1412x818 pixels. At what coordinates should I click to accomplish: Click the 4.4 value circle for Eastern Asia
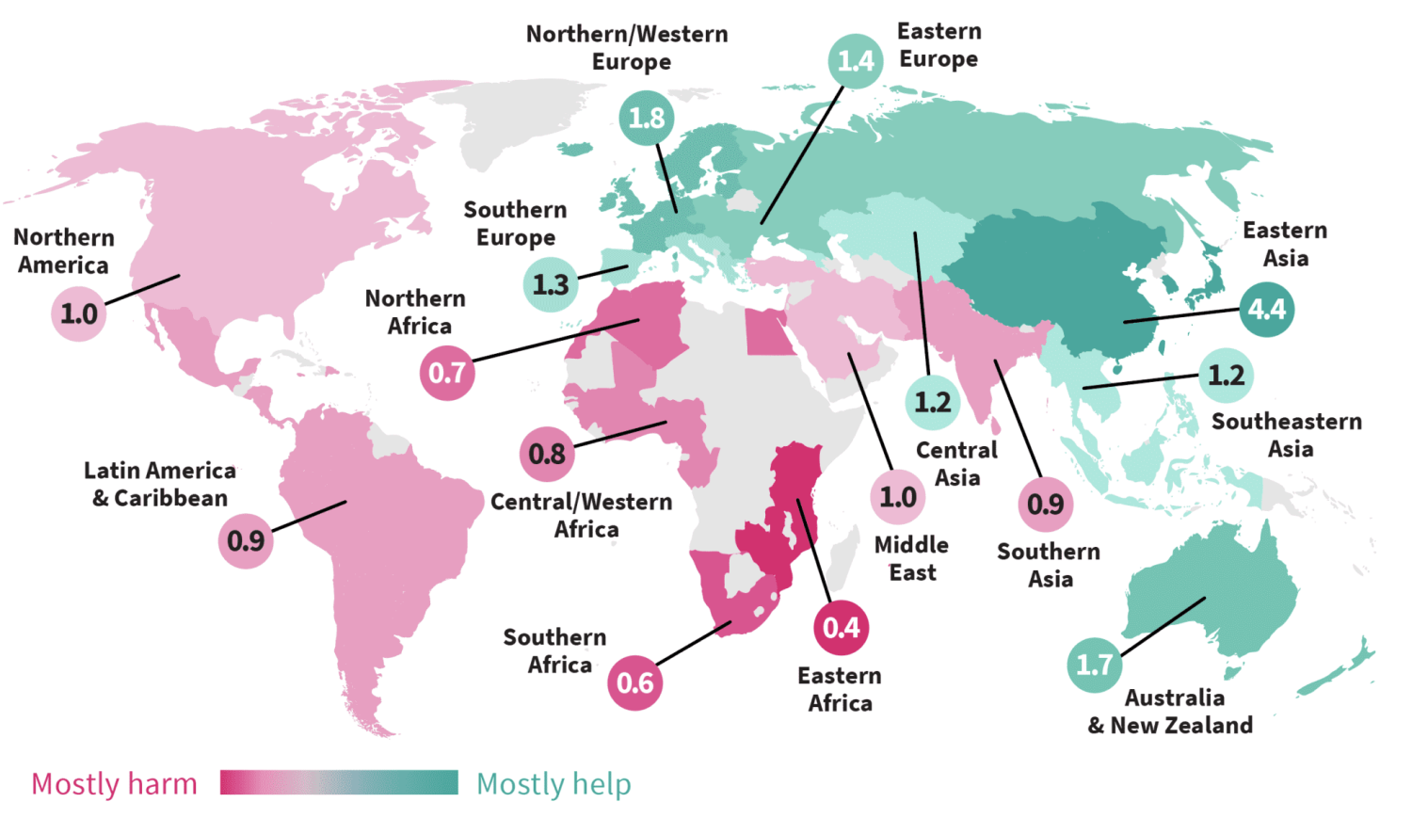click(1266, 309)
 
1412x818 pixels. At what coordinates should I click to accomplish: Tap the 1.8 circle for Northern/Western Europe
click(647, 118)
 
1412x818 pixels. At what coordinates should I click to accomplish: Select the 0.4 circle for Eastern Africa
click(841, 628)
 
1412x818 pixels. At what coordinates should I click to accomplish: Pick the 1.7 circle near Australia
click(1094, 665)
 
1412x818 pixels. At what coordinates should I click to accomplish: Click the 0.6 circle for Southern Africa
click(635, 682)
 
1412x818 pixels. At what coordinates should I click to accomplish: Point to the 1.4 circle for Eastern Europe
click(856, 61)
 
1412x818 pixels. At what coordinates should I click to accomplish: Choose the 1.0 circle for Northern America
click(79, 313)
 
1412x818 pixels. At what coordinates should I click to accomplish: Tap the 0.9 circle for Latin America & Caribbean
click(246, 540)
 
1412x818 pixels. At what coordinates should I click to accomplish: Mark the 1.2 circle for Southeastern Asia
click(1226, 376)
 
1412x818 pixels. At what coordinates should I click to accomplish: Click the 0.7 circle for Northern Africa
click(446, 373)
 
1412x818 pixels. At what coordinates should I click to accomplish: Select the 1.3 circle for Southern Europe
click(551, 283)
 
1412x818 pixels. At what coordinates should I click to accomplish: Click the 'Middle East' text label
click(911, 558)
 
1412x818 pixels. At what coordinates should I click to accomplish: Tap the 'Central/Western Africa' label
click(582, 515)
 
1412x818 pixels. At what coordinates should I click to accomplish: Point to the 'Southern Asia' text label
click(1049, 565)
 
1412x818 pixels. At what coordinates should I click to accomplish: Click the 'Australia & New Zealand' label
click(1171, 712)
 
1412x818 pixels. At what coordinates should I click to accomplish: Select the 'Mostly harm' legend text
click(114, 783)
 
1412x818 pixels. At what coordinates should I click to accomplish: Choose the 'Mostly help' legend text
click(554, 783)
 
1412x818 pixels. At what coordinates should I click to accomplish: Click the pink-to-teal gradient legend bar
click(339, 782)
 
